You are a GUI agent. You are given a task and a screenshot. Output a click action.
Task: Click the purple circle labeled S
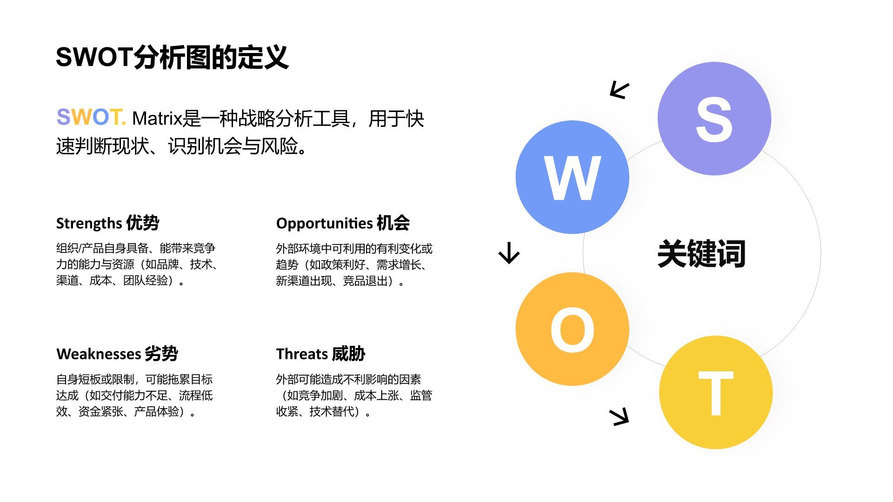pyautogui.click(x=714, y=119)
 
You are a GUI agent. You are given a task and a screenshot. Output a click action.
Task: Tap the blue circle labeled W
pyautogui.click(x=572, y=177)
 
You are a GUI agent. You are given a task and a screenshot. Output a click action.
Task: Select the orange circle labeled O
pyautogui.click(x=572, y=329)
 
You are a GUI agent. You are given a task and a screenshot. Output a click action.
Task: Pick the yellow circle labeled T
pyautogui.click(x=716, y=392)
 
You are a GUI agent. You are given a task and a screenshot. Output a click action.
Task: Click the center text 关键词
pyautogui.click(x=701, y=254)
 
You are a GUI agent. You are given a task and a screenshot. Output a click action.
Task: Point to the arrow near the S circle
pyautogui.click(x=620, y=90)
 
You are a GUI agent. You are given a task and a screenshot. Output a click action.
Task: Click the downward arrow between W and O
pyautogui.click(x=509, y=253)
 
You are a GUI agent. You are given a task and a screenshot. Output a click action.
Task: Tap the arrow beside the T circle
pyautogui.click(x=620, y=416)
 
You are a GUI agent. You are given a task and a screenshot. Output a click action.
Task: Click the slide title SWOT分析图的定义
pyautogui.click(x=172, y=58)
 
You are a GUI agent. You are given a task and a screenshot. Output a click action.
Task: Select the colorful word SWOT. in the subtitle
pyautogui.click(x=91, y=117)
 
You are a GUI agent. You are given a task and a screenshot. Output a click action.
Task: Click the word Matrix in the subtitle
pyautogui.click(x=157, y=119)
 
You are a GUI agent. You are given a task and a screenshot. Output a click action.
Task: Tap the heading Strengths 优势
pyautogui.click(x=107, y=223)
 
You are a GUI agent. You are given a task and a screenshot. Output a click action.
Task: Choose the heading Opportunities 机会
pyautogui.click(x=343, y=223)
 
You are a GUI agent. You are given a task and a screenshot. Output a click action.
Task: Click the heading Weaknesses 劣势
pyautogui.click(x=117, y=354)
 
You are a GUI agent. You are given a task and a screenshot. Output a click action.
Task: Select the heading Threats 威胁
pyautogui.click(x=320, y=354)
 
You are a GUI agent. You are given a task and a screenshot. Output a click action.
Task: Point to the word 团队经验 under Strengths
pyautogui.click(x=145, y=281)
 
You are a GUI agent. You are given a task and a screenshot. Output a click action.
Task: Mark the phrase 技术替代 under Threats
pyautogui.click(x=331, y=412)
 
